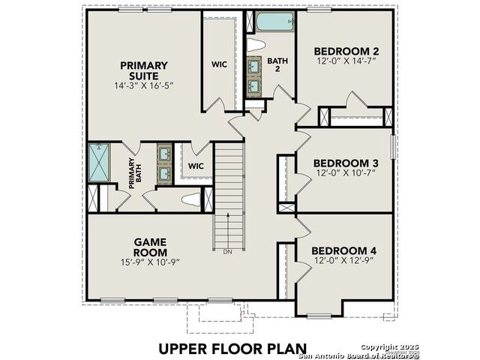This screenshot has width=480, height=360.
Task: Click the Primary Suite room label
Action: coord(144,70)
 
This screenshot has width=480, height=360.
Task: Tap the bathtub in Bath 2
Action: coord(275,22)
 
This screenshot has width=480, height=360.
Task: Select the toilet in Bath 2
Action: coord(256,45)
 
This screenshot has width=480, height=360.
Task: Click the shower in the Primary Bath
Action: coord(99,163)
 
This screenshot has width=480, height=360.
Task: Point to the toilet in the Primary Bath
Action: coord(191,199)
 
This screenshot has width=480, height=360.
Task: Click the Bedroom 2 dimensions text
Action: coord(346,61)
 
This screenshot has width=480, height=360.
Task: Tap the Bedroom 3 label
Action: coord(346,163)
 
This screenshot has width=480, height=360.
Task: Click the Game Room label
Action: coord(150,247)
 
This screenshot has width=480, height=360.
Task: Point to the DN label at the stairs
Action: coord(228,252)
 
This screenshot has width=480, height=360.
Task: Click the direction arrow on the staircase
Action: coord(228,230)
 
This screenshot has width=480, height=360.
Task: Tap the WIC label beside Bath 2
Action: coord(219,64)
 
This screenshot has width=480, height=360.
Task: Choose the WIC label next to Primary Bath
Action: coord(196,166)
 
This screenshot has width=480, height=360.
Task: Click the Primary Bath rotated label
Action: coord(135,173)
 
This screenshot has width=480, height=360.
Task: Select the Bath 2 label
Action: coord(277,64)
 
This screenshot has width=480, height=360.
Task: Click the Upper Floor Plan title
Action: coord(232,349)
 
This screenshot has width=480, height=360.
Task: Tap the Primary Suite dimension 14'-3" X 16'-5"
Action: coord(144,85)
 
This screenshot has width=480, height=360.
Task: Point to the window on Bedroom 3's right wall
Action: coord(393,147)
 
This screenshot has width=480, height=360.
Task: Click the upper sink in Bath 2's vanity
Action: coord(253,66)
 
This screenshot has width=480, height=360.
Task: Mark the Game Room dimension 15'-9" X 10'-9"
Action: coord(150,262)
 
